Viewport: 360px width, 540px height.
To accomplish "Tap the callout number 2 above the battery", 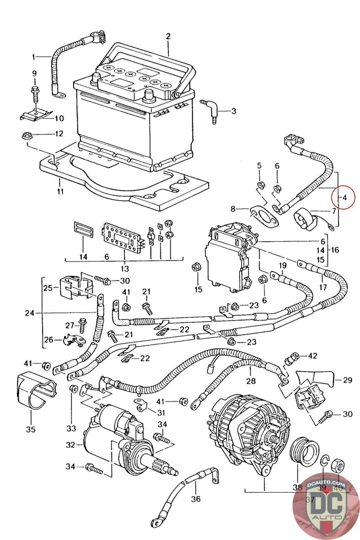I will (x=168, y=37).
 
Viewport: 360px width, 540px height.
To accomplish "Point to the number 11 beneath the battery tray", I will (x=60, y=191).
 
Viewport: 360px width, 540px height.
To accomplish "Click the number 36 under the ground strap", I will (x=195, y=498).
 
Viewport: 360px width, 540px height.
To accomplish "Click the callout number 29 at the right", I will (x=347, y=380).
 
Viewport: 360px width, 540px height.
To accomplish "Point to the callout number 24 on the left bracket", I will (x=29, y=313).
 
